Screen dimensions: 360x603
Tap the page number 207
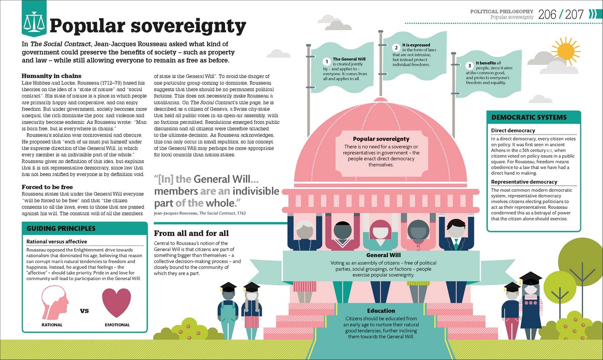pos(574,14)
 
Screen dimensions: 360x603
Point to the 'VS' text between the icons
pos(84,311)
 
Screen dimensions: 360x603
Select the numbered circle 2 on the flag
pos(395,47)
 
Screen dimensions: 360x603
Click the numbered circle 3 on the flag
pos(469,65)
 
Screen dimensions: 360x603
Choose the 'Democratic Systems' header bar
pos(533,117)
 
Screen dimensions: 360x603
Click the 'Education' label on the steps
pos(380,311)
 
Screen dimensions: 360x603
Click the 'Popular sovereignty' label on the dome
pos(381,139)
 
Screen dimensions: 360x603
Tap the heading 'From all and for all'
pos(191,233)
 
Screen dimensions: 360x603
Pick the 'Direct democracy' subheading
pos(513,131)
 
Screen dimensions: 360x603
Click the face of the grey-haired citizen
pos(305,231)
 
